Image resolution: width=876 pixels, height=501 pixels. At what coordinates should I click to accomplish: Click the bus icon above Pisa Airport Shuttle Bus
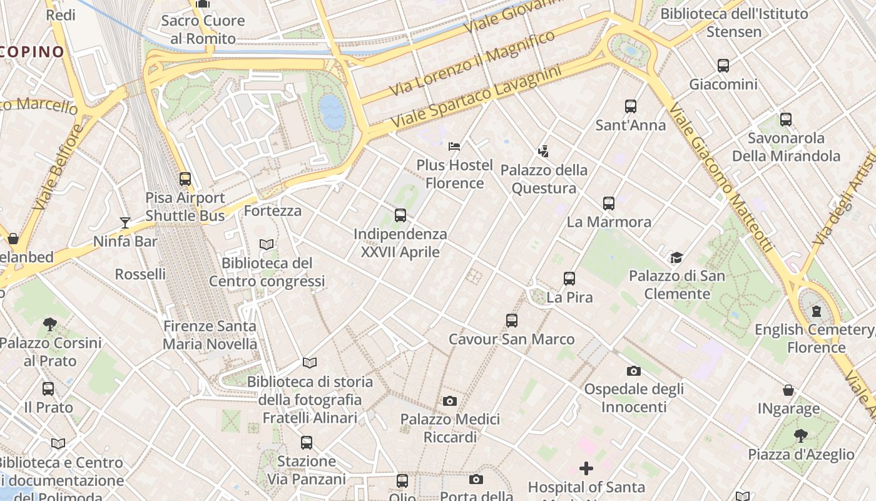185,179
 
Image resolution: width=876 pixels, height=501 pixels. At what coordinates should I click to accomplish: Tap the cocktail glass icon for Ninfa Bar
125,222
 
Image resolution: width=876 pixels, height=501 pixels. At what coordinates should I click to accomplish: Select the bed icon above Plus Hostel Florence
455,147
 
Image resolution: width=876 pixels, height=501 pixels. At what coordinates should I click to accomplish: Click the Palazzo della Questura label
544,179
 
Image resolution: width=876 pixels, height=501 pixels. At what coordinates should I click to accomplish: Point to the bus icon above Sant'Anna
630,106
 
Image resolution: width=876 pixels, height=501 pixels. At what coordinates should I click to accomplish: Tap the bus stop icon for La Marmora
609,203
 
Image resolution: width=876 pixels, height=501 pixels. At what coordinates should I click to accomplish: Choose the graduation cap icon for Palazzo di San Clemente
676,257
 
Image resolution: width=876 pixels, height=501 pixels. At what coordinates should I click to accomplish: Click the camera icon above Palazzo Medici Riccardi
449,401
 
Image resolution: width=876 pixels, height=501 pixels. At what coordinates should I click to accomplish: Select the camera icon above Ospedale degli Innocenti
634,371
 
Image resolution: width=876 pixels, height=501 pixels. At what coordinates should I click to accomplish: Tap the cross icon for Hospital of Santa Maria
586,468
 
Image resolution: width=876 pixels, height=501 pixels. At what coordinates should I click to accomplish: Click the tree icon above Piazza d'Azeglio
801,435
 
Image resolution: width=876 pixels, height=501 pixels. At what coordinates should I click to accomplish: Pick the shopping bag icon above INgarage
788,390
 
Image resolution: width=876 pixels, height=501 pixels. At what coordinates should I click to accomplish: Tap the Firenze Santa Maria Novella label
210,335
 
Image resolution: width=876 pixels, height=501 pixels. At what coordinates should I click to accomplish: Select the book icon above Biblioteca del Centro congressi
267,244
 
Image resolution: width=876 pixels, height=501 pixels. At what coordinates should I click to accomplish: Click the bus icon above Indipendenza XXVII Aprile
400,215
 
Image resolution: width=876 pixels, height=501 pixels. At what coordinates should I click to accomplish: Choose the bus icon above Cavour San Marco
512,321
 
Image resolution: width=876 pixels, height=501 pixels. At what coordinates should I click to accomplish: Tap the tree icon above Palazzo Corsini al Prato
50,324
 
